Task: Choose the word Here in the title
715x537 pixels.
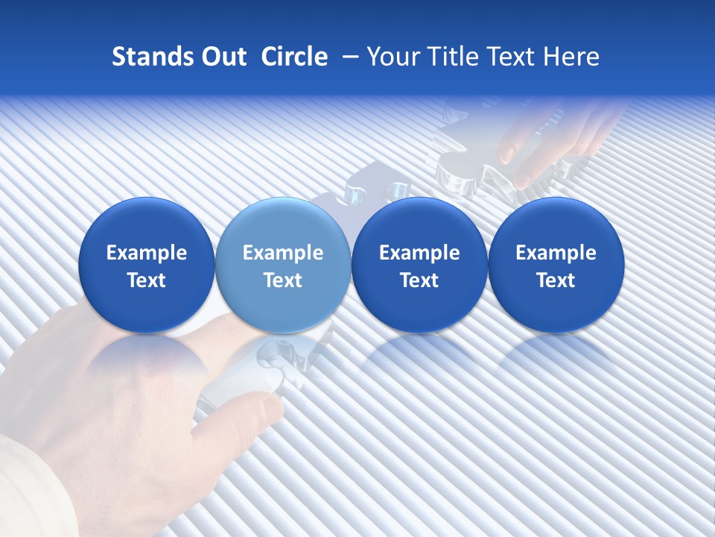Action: coord(572,57)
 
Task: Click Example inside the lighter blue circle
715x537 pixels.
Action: coord(283,253)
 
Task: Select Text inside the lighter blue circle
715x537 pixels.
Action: coord(283,280)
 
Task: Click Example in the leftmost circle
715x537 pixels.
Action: coord(147,253)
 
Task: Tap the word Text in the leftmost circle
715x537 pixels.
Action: coord(147,280)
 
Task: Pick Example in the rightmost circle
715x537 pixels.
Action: coord(556,253)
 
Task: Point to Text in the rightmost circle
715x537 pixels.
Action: coord(556,280)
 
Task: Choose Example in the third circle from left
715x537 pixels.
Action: coord(419,253)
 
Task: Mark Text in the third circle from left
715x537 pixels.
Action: coord(419,280)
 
